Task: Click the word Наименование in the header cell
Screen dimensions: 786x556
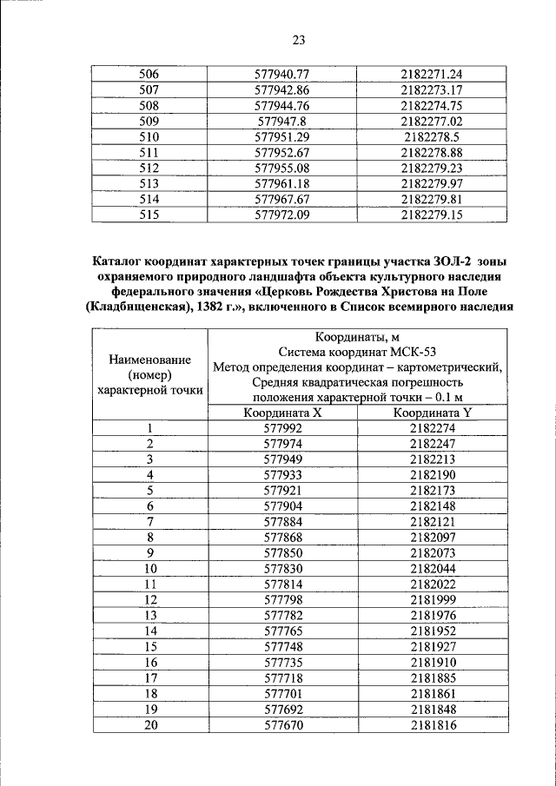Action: coord(149,359)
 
